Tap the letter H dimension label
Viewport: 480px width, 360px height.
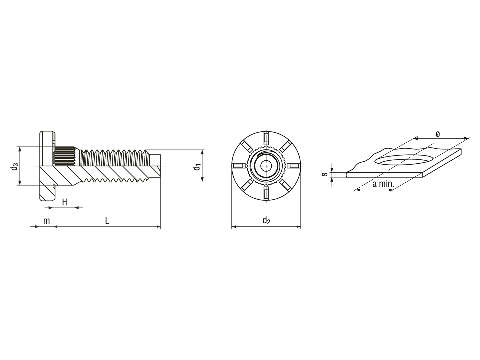tap(65, 202)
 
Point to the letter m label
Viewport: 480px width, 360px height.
tap(46, 221)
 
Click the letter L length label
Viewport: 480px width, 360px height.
tap(107, 220)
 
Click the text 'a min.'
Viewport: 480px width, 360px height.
tap(383, 184)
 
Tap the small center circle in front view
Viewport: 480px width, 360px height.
tap(266, 166)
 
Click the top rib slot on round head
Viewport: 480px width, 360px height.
tap(266, 138)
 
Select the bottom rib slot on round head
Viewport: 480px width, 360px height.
tap(266, 193)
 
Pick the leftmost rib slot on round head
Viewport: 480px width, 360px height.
tap(238, 166)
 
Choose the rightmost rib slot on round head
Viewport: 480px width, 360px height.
tap(294, 166)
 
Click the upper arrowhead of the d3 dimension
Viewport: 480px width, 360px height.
tap(20, 149)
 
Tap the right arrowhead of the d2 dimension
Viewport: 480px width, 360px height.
tap(298, 227)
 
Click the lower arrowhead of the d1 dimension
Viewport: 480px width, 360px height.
tap(202, 180)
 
